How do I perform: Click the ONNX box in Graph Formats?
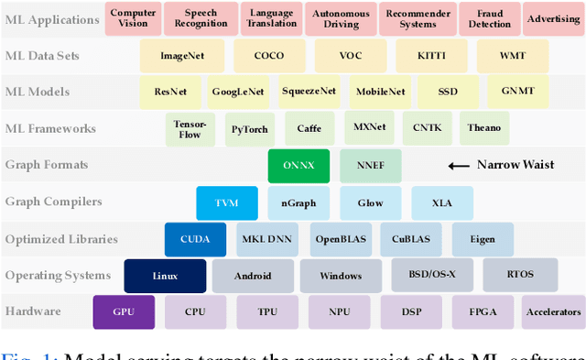click(298, 166)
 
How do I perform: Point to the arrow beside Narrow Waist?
click(457, 166)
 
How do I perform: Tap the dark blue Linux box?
click(165, 276)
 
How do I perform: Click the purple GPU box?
click(124, 311)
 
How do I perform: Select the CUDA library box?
click(194, 239)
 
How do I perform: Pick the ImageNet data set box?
click(174, 56)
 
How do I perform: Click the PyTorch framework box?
click(250, 129)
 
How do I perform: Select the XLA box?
click(441, 202)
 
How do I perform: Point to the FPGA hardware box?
click(483, 311)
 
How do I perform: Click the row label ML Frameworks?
click(50, 128)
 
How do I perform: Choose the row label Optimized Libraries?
click(61, 239)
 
